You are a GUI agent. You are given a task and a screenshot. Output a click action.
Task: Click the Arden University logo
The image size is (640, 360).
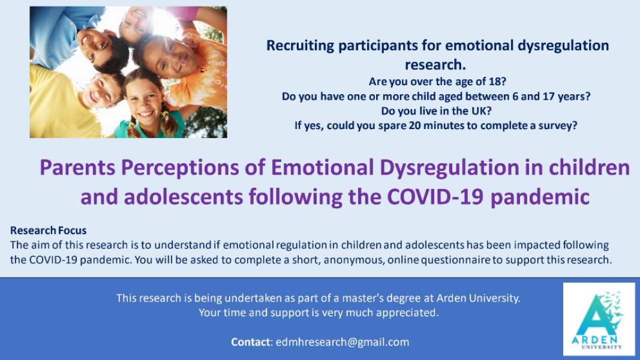(x=599, y=319)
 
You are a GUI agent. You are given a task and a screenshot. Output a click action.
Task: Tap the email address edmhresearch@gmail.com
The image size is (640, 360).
(x=342, y=342)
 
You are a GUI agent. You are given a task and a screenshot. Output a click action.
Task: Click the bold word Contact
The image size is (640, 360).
(x=251, y=342)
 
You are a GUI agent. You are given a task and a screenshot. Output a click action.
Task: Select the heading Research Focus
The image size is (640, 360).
(x=49, y=230)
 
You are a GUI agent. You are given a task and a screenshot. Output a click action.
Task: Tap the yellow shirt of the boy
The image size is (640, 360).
(x=60, y=108)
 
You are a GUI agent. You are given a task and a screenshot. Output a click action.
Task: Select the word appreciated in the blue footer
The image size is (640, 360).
(x=411, y=313)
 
